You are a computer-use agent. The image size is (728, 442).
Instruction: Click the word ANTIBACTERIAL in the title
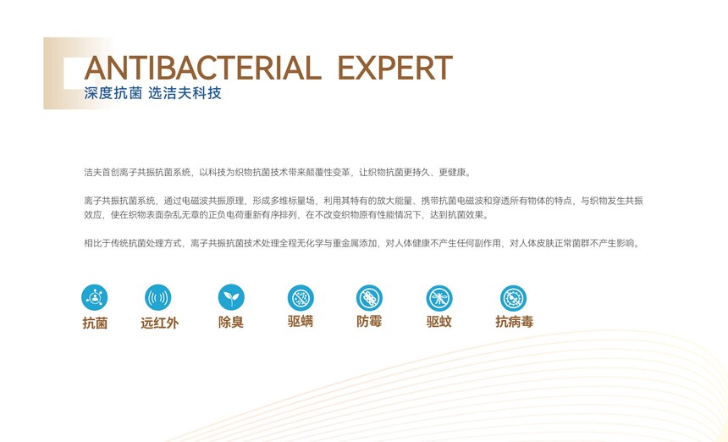click(x=202, y=68)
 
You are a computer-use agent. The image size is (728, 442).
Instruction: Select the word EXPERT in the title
click(x=395, y=68)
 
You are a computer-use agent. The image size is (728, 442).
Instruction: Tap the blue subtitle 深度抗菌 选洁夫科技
click(x=152, y=93)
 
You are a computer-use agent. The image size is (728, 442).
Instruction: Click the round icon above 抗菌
click(x=94, y=297)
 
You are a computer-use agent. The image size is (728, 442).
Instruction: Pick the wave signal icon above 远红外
click(x=157, y=297)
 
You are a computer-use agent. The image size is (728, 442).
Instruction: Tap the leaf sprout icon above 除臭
click(x=231, y=297)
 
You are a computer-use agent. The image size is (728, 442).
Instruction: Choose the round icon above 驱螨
click(x=301, y=297)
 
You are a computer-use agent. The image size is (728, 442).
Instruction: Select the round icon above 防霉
click(x=370, y=298)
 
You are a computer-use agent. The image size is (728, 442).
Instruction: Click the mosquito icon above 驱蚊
click(x=439, y=298)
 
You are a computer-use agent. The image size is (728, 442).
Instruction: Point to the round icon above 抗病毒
click(x=514, y=298)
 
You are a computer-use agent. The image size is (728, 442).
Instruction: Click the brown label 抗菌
click(x=95, y=323)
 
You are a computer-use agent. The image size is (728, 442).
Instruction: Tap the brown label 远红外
click(x=159, y=323)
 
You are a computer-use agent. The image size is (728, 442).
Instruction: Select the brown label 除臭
click(x=231, y=322)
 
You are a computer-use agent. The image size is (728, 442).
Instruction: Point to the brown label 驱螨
click(x=301, y=321)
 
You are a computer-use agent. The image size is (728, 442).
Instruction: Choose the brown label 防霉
click(x=369, y=321)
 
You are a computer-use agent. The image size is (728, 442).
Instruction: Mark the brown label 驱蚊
click(x=438, y=321)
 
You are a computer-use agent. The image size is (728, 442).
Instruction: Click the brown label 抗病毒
click(x=514, y=321)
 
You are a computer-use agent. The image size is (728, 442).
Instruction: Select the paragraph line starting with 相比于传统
click(x=362, y=243)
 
